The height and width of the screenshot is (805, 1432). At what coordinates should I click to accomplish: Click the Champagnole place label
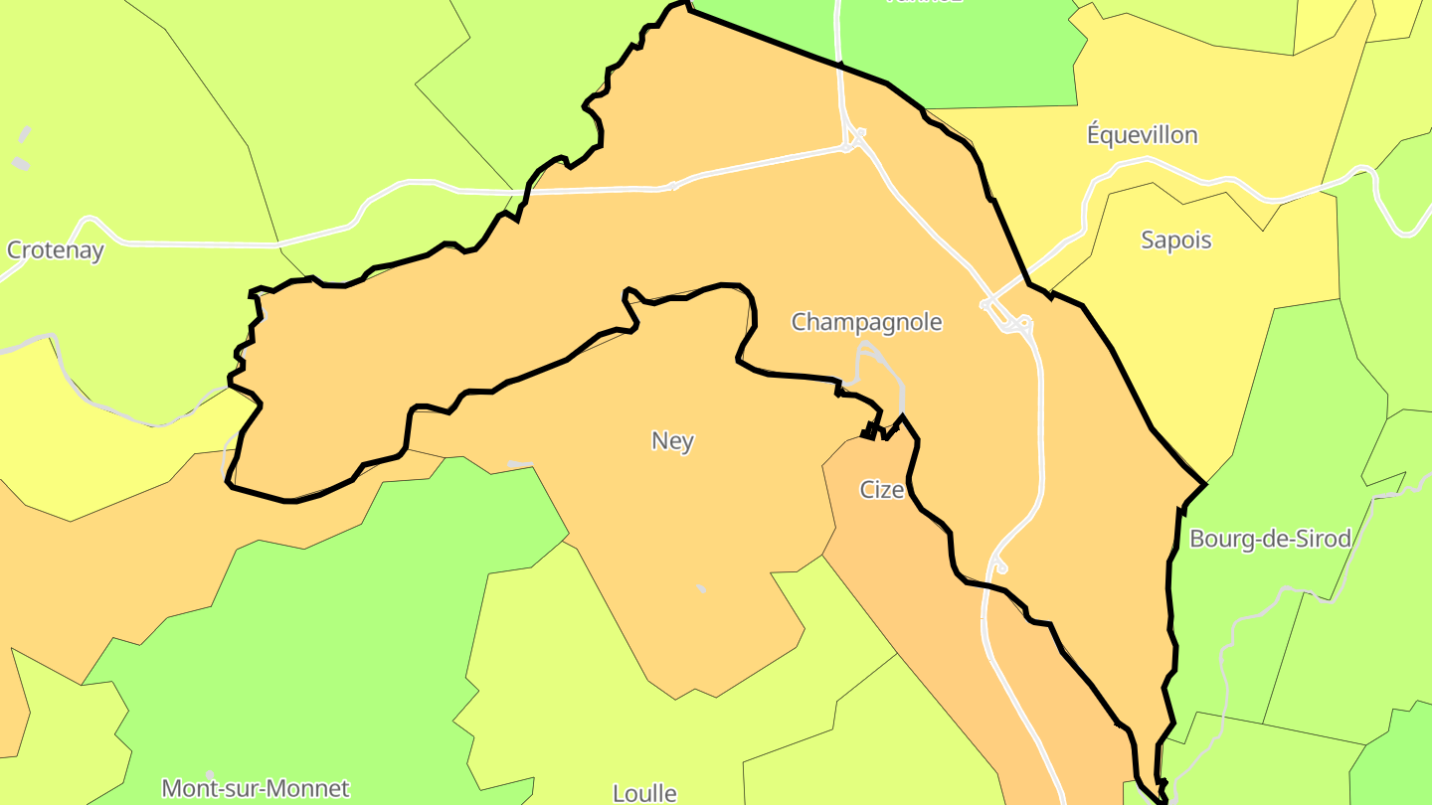pos(866,322)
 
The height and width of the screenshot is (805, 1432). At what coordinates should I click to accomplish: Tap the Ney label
pos(672,440)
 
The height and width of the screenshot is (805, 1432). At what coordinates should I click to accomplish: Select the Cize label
pos(881,490)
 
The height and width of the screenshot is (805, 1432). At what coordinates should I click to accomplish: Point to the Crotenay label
pos(56,250)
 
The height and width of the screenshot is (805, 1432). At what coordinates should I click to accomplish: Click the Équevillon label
pos(1142,135)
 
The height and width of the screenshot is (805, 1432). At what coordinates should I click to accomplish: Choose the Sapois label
pos(1176,241)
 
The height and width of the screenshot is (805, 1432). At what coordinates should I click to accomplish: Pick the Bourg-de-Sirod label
pos(1270,539)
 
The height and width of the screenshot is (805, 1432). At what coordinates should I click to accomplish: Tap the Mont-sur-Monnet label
pos(256,789)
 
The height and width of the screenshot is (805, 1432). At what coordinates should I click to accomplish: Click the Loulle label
pos(644,793)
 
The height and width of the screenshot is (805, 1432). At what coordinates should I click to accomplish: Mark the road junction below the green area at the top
pos(852,139)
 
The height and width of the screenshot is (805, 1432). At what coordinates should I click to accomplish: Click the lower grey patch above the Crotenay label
pos(21,163)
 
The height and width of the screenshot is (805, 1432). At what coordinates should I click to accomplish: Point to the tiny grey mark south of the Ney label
pos(700,588)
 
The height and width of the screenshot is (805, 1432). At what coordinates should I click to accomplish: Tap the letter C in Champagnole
pos(799,322)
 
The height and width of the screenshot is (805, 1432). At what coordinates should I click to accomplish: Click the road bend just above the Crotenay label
pos(91,220)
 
